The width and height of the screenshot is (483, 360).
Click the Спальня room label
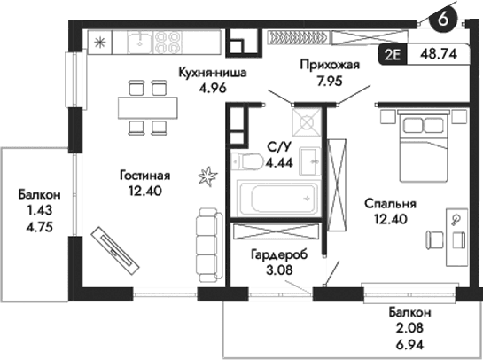pos(391,203)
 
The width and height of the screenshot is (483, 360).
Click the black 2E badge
pos(393,53)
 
